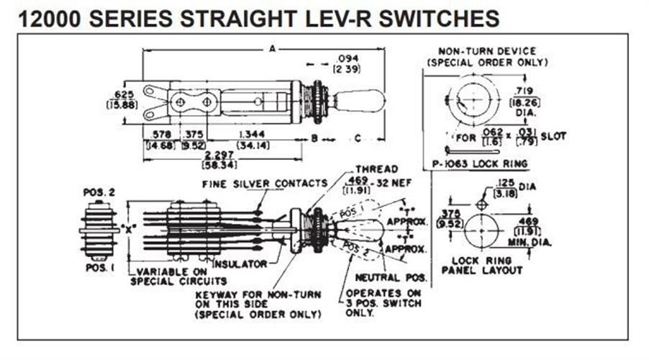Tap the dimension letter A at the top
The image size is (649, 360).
[271, 49]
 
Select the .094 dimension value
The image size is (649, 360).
[348, 58]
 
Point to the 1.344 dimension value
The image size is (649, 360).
[250, 134]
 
